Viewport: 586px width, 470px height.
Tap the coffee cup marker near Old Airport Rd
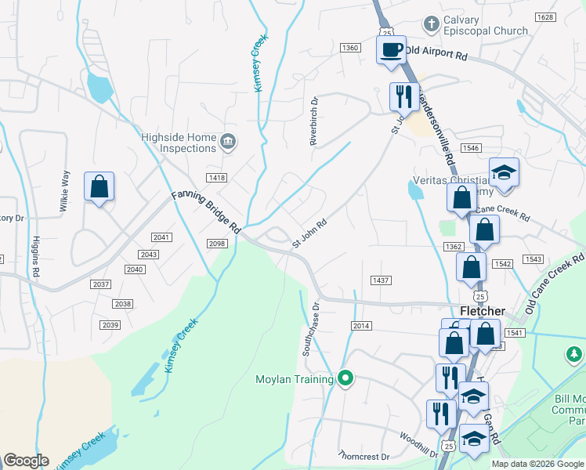pyautogui.click(x=392, y=50)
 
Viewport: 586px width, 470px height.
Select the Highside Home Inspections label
pyautogui.click(x=179, y=143)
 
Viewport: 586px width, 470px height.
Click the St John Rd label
pyautogui.click(x=309, y=234)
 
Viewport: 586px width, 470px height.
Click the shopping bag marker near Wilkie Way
pyautogui.click(x=99, y=187)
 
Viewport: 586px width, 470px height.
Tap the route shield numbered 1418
pyautogui.click(x=217, y=178)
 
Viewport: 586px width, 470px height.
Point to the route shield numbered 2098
pyautogui.click(x=217, y=244)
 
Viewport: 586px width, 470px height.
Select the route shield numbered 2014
pyautogui.click(x=361, y=326)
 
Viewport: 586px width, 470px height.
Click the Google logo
pyautogui.click(x=26, y=461)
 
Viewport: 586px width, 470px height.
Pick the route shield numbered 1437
pyautogui.click(x=382, y=280)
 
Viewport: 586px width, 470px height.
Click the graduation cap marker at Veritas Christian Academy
pyautogui.click(x=504, y=172)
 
